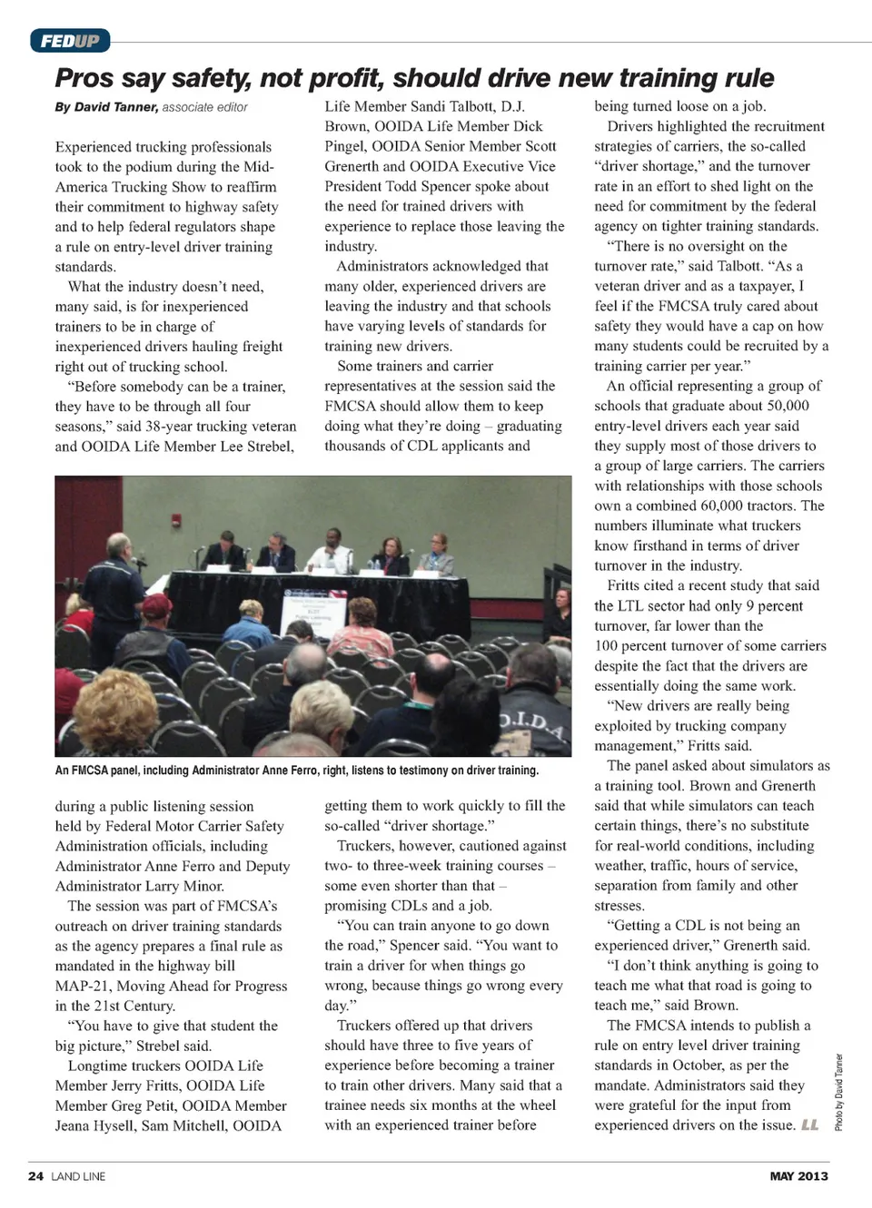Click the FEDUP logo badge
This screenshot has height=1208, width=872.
click(x=70, y=41)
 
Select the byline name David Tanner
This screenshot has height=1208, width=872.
click(x=116, y=107)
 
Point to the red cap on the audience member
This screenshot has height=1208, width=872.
click(x=157, y=604)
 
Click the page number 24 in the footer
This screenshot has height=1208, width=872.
click(x=35, y=1176)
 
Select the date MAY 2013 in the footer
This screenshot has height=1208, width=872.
click(x=798, y=1176)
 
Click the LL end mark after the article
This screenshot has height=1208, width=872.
click(x=809, y=1125)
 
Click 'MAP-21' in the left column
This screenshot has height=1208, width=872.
click(x=85, y=986)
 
